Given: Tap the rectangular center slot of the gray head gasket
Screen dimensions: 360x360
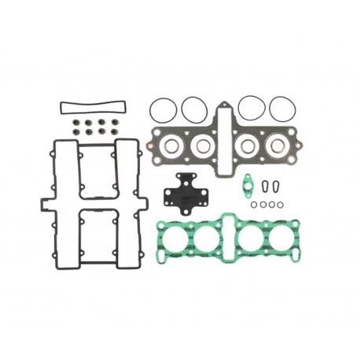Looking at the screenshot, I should (225, 142).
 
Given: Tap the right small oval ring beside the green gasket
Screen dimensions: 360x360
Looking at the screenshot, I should (276, 186).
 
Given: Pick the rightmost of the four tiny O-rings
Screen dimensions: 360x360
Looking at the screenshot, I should (279, 204).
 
